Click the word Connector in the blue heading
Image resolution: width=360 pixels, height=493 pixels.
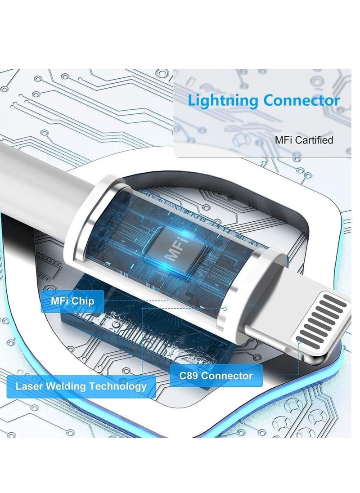coord(301,100)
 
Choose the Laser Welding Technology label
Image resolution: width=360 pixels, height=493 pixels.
coord(81,386)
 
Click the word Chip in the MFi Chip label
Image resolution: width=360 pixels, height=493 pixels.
coord(84,300)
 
